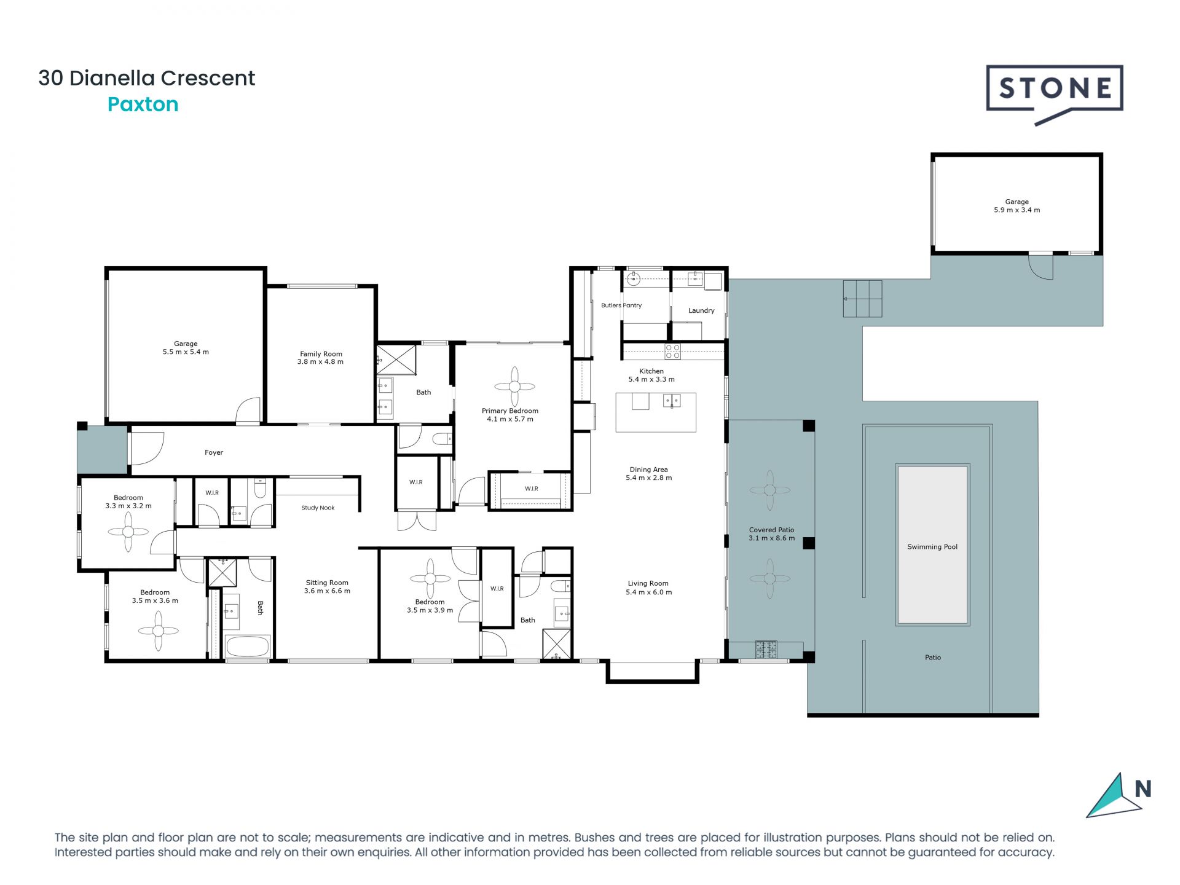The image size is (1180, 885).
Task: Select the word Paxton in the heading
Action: (x=143, y=104)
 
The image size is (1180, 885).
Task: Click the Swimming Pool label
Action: (x=932, y=547)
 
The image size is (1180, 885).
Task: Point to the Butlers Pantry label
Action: (x=621, y=305)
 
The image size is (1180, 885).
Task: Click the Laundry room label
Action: (x=701, y=311)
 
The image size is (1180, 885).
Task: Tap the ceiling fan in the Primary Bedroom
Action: (x=514, y=387)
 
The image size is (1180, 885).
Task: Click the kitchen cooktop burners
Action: (x=672, y=352)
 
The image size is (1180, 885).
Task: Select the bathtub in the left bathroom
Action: (x=248, y=647)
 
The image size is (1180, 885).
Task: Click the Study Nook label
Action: (x=318, y=508)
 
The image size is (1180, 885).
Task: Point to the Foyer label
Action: (x=214, y=453)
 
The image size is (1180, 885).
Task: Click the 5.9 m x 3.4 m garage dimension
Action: (x=1017, y=210)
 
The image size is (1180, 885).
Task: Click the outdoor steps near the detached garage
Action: (x=862, y=299)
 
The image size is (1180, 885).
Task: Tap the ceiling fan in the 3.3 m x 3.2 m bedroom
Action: (x=128, y=532)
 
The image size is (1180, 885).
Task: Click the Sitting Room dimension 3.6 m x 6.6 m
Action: (x=327, y=591)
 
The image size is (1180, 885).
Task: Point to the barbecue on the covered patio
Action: (x=766, y=649)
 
